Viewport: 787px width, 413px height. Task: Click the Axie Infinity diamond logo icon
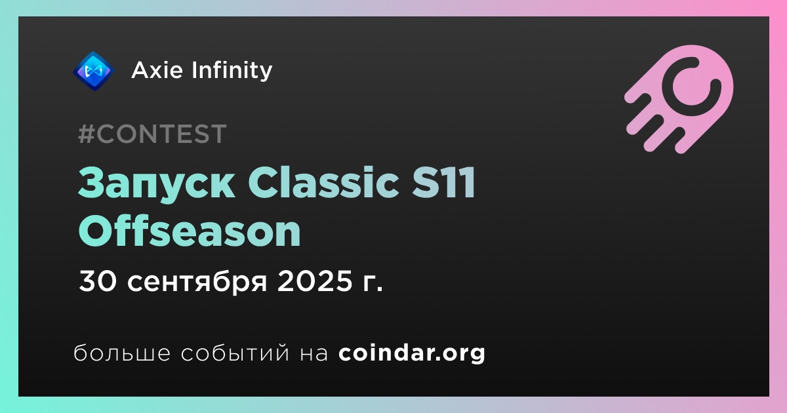(93, 71)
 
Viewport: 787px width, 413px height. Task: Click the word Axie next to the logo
(157, 70)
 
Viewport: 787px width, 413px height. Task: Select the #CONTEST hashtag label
(152, 134)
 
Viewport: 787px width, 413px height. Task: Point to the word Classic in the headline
(323, 182)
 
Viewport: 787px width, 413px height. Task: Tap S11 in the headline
(444, 182)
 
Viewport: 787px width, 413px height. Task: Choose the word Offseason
(190, 231)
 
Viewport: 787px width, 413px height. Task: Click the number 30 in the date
(97, 281)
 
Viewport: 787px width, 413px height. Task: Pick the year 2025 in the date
(314, 281)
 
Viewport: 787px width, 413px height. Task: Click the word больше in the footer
(122, 352)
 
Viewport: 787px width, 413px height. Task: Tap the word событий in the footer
(235, 353)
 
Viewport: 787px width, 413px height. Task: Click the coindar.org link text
(412, 353)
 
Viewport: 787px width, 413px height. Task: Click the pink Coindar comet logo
(679, 99)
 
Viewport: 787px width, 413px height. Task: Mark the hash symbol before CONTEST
(86, 134)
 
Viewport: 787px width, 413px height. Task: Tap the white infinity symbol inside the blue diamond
(93, 71)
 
